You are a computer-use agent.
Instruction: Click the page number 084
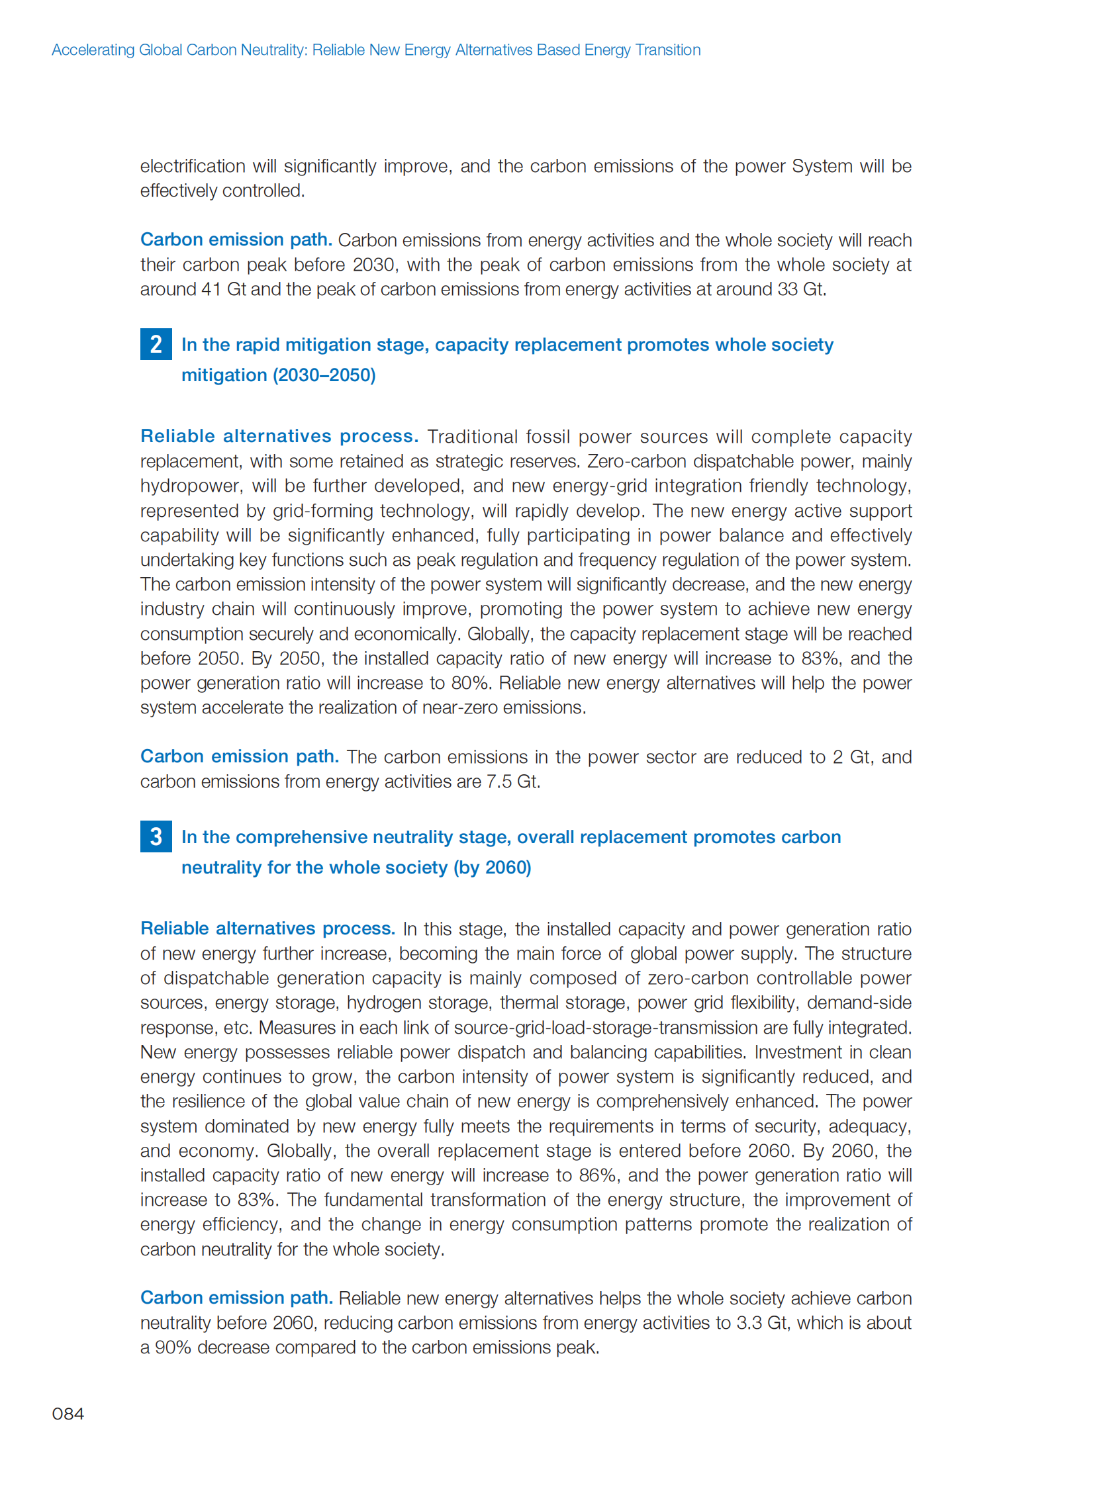click(68, 1414)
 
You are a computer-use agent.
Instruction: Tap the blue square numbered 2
click(156, 344)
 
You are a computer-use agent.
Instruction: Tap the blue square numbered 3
click(156, 836)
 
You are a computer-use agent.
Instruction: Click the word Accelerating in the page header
click(93, 50)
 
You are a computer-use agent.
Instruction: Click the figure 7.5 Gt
click(512, 782)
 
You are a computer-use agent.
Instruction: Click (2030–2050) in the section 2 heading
click(324, 375)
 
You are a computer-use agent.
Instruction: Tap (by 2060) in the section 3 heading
click(492, 868)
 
